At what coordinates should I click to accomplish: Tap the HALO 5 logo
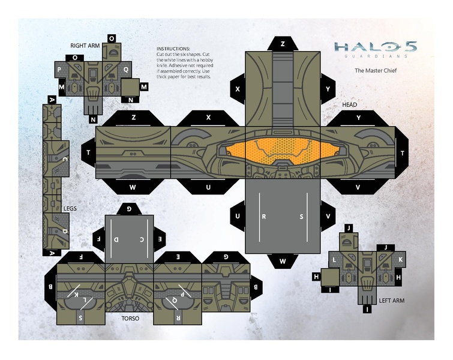[375, 47]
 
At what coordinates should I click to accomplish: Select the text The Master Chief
[376, 70]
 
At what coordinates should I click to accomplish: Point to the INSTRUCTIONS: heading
[173, 48]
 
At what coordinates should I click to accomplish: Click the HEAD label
[349, 104]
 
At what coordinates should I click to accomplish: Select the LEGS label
[71, 209]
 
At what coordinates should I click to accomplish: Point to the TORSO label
[130, 319]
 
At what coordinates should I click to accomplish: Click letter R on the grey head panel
[263, 216]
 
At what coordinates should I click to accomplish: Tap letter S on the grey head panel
[301, 216]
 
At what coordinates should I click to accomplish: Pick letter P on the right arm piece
[59, 69]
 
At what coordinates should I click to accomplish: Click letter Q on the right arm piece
[126, 69]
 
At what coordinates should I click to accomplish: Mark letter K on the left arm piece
[401, 259]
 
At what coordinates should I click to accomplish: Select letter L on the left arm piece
[334, 259]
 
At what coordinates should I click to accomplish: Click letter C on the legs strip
[64, 160]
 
